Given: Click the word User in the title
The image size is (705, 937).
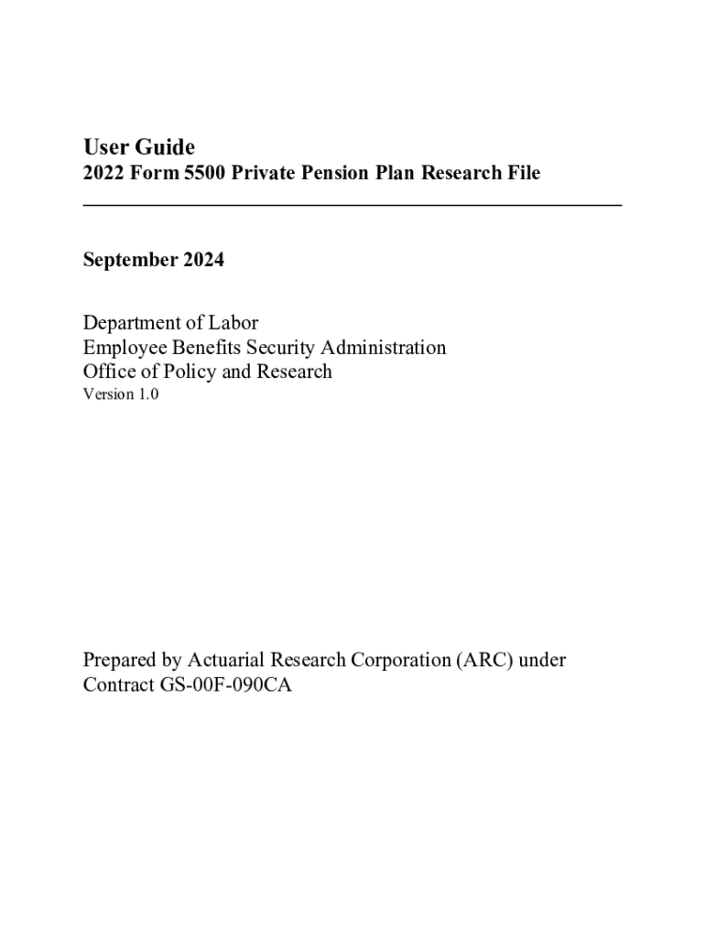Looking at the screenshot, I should [103, 147].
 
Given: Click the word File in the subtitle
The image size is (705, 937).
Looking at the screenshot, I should [521, 173].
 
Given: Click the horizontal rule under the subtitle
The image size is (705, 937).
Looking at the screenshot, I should [352, 205].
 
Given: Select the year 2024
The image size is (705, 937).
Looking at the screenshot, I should [203, 261].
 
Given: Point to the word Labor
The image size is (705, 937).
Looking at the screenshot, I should [234, 323].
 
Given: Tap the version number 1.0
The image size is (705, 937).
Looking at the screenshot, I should [147, 395].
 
